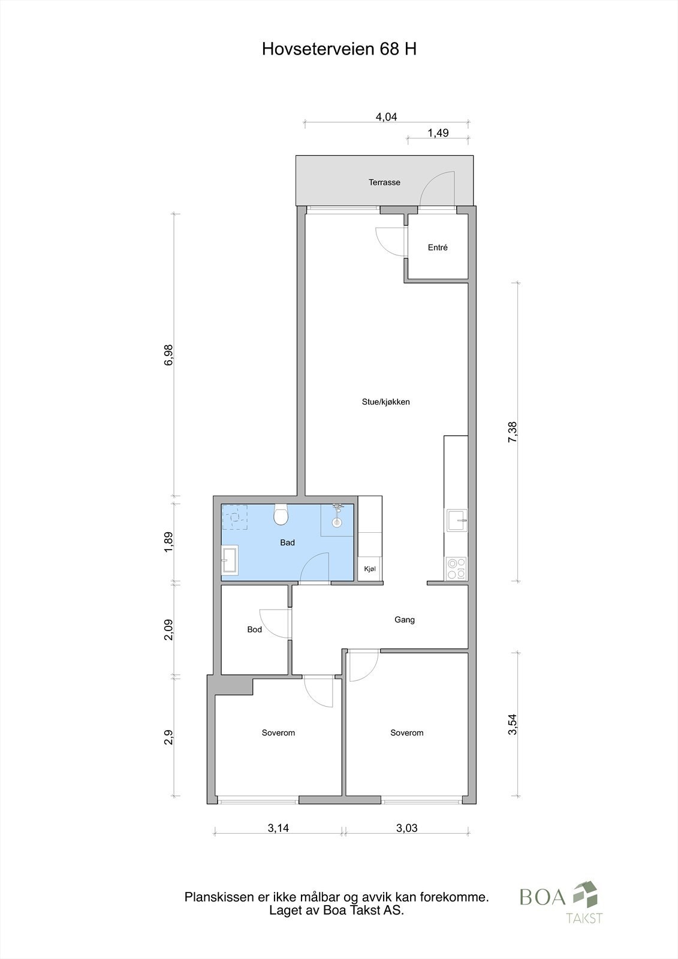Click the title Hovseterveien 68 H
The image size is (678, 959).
(339, 49)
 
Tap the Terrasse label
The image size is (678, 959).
(384, 182)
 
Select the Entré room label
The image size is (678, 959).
(438, 248)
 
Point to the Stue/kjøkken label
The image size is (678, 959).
(385, 402)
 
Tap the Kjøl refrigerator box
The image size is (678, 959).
(369, 569)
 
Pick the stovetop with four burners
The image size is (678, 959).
(456, 568)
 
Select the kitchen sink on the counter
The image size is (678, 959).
(457, 520)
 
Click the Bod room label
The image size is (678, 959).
(254, 630)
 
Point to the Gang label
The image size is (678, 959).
(405, 620)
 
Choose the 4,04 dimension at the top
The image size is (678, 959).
(386, 117)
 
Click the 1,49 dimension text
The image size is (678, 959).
(438, 133)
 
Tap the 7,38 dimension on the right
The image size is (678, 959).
(512, 432)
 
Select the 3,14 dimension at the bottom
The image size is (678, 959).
(278, 829)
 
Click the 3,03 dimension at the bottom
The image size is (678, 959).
(406, 829)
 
